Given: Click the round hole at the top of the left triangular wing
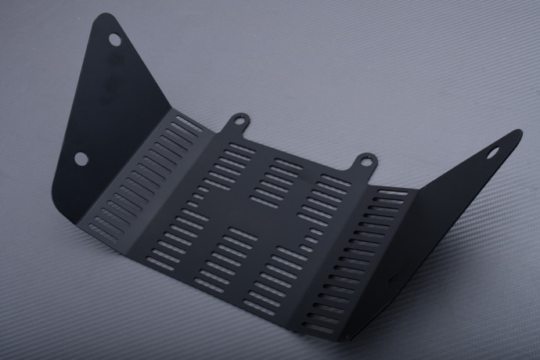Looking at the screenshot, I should [114, 39].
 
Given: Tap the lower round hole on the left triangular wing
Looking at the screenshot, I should [81, 158].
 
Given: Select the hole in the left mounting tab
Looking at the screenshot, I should [239, 121].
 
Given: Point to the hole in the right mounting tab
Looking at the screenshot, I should [365, 162].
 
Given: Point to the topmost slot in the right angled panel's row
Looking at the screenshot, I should [393, 193].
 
